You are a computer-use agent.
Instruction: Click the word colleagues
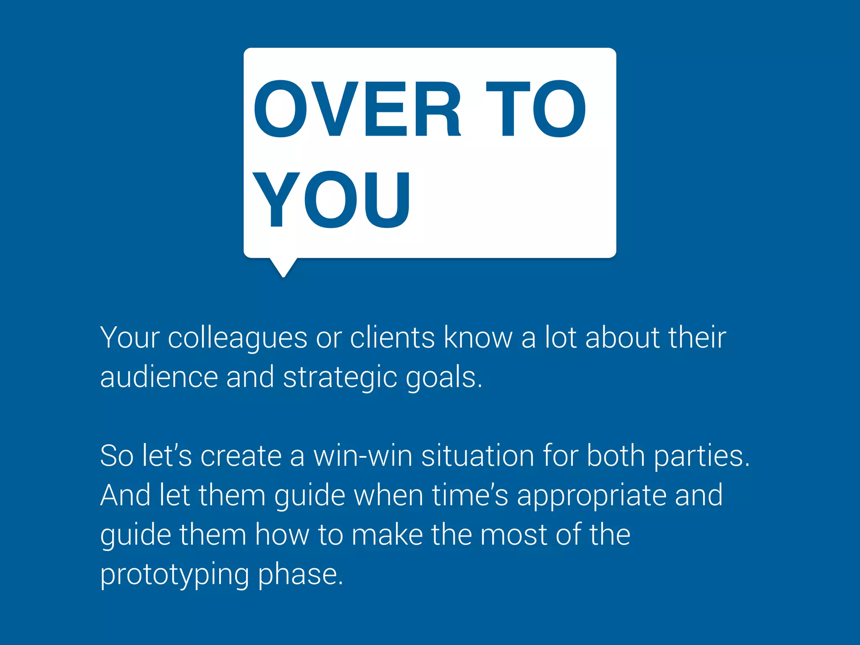[238, 338]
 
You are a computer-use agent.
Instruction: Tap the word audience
[159, 377]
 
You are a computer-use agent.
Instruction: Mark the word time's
[470, 496]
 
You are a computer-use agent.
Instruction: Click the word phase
[300, 574]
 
